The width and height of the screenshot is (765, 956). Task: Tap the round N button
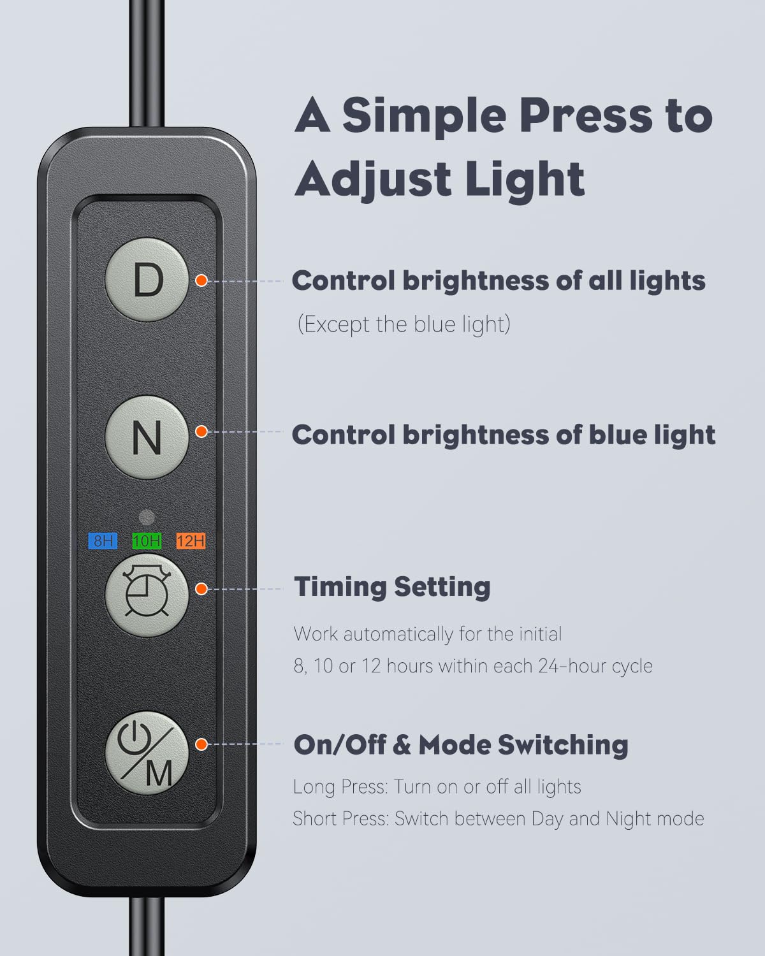click(147, 438)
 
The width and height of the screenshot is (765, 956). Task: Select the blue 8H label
click(103, 540)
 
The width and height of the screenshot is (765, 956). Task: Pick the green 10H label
click(147, 540)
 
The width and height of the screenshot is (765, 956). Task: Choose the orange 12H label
click(191, 540)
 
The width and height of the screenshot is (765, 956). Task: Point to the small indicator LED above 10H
click(147, 518)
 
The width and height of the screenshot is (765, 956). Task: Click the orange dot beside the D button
click(201, 280)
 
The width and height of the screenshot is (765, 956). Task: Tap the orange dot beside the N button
click(201, 431)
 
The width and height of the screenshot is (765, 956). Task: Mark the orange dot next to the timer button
click(201, 589)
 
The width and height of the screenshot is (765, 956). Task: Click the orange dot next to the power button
click(201, 744)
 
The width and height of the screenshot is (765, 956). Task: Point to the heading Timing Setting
click(392, 587)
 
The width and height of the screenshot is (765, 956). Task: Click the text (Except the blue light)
click(404, 324)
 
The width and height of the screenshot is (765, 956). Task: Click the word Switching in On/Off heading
click(563, 746)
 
